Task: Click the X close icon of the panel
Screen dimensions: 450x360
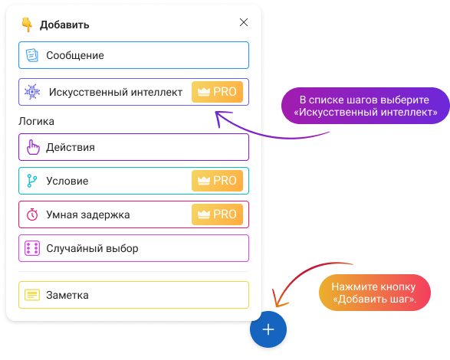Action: pyautogui.click(x=244, y=22)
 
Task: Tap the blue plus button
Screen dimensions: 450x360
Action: pyautogui.click(x=268, y=329)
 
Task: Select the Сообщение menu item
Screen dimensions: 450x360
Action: pyautogui.click(x=133, y=55)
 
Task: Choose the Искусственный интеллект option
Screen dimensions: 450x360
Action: pyautogui.click(x=133, y=92)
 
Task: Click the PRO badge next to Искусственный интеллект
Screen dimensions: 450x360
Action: pyautogui.click(x=217, y=92)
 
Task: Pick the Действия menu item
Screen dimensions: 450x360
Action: pyautogui.click(x=133, y=147)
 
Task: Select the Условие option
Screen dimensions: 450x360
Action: pyautogui.click(x=133, y=181)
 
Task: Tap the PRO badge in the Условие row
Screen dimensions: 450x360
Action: pyautogui.click(x=217, y=181)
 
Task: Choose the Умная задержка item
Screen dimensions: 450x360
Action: pyautogui.click(x=133, y=214)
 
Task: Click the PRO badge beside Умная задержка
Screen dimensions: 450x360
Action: pyautogui.click(x=217, y=214)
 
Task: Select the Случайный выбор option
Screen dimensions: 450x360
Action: pyautogui.click(x=133, y=248)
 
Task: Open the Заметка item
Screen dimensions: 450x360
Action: pyautogui.click(x=133, y=295)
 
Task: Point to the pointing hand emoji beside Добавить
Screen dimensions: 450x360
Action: pyautogui.click(x=27, y=25)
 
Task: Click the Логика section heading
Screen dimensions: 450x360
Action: pyautogui.click(x=36, y=121)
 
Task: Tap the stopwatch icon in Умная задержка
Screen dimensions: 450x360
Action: pyautogui.click(x=32, y=214)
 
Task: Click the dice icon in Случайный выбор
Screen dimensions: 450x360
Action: pyautogui.click(x=32, y=248)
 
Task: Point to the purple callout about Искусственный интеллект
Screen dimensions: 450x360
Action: pyautogui.click(x=365, y=106)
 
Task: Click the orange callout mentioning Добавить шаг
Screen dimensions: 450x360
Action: pyautogui.click(x=375, y=293)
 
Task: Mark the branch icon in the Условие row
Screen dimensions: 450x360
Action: pyautogui.click(x=32, y=181)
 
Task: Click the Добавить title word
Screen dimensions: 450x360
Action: pyautogui.click(x=64, y=25)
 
